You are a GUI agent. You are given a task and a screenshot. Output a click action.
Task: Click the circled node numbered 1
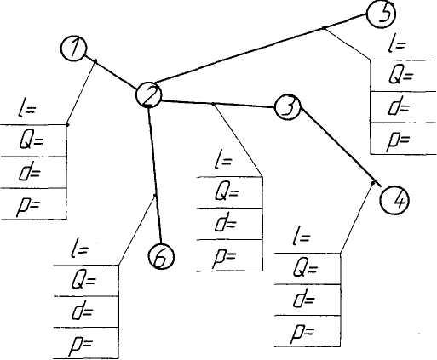click(x=73, y=49)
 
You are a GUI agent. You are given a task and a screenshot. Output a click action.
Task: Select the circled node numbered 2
click(x=149, y=95)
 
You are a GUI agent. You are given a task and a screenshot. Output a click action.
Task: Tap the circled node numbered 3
click(x=287, y=107)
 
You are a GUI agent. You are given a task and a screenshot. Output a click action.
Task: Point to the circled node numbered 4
click(x=394, y=200)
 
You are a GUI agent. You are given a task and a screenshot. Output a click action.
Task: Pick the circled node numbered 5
click(x=381, y=14)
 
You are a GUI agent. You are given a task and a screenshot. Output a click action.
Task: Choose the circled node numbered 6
click(x=162, y=256)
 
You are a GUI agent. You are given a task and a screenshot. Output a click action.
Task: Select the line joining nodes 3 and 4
click(x=340, y=146)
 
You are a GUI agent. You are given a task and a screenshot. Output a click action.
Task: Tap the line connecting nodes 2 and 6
click(x=155, y=175)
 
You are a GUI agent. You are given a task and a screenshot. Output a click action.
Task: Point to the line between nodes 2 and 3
click(x=218, y=104)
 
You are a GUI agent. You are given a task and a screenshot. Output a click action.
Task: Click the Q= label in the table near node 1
click(x=32, y=141)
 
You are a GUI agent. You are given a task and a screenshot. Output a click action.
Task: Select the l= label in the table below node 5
click(x=397, y=44)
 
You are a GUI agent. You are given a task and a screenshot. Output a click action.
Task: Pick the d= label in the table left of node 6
click(x=83, y=311)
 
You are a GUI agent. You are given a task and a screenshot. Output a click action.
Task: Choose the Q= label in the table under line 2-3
click(x=227, y=192)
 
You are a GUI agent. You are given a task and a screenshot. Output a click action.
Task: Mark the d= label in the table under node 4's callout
click(x=304, y=299)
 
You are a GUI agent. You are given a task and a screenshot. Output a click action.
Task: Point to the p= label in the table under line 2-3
click(x=225, y=258)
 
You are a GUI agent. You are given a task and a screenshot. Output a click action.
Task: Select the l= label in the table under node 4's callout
click(x=301, y=236)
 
